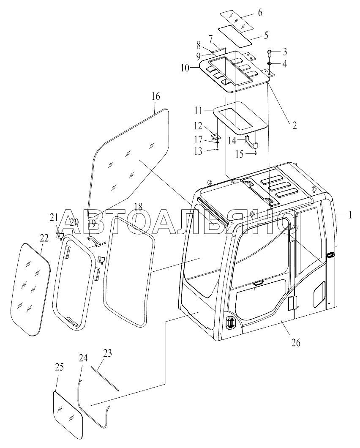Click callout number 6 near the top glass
(260, 13)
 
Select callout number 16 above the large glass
(155, 96)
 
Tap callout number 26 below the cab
(296, 342)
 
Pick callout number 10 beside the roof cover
(185, 68)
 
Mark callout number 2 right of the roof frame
(294, 125)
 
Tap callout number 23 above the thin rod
(107, 353)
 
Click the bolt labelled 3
(270, 52)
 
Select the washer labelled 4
(270, 63)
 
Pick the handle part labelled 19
(94, 241)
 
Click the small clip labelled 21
(60, 236)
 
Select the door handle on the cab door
(330, 255)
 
